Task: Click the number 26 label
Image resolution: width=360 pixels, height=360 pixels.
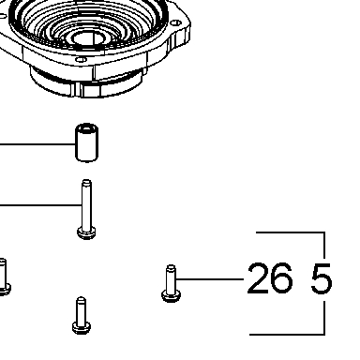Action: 270,278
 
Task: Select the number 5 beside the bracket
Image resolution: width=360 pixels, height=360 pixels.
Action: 322,278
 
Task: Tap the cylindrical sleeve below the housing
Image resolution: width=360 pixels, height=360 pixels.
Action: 87,142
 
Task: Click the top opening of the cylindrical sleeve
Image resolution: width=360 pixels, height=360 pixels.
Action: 87,128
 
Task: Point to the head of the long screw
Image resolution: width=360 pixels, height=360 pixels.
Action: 86,232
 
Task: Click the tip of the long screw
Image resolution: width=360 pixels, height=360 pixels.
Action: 86,181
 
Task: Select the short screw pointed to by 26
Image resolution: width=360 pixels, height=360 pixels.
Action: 171,284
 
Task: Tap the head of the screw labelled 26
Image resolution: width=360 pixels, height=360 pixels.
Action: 171,295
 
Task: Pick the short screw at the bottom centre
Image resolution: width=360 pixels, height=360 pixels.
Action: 82,315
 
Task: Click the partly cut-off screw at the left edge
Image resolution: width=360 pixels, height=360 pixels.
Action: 4,277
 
